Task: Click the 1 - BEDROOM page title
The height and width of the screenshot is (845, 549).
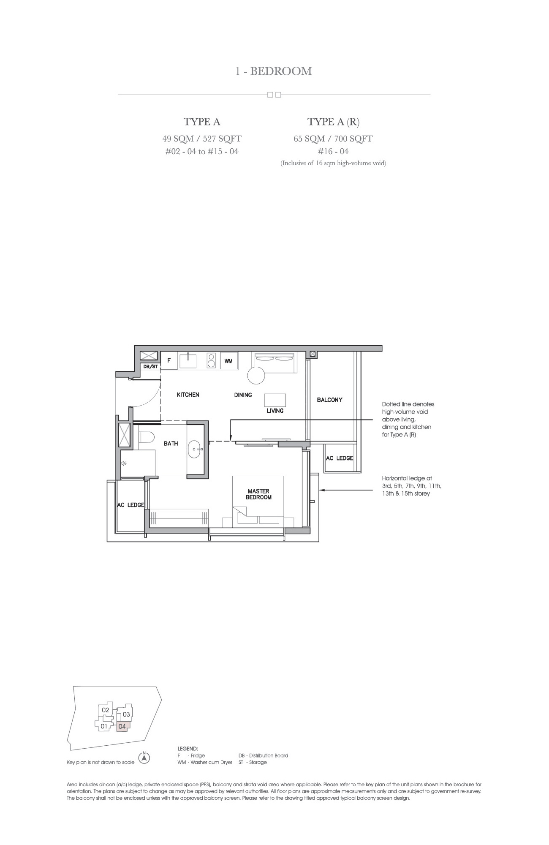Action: click(x=274, y=71)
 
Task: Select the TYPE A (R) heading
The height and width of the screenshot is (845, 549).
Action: click(x=333, y=122)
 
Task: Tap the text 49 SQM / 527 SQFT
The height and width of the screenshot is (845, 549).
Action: click(x=202, y=139)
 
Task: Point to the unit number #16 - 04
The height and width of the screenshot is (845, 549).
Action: click(x=333, y=151)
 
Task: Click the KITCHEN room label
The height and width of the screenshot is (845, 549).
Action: click(x=188, y=395)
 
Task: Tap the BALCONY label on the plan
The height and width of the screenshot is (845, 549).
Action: click(x=329, y=400)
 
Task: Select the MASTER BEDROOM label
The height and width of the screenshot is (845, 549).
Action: click(x=258, y=494)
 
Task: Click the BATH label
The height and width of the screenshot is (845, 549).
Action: click(x=171, y=443)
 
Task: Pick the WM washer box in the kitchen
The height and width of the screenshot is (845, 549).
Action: click(x=228, y=361)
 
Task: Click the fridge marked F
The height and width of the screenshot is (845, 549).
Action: click(x=169, y=360)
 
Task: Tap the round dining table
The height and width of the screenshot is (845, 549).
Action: click(x=256, y=375)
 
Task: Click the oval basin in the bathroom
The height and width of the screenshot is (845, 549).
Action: click(x=195, y=449)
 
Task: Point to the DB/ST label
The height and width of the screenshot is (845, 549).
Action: click(x=150, y=366)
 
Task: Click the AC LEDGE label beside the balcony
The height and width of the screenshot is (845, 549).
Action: click(x=340, y=458)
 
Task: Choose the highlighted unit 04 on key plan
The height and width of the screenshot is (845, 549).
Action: click(x=122, y=726)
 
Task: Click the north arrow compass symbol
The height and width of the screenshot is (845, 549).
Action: click(x=144, y=758)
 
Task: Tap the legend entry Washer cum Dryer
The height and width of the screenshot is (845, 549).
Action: click(x=205, y=762)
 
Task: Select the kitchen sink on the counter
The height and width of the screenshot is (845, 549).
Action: click(x=188, y=361)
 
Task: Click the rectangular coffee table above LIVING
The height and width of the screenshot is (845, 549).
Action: click(x=275, y=400)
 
